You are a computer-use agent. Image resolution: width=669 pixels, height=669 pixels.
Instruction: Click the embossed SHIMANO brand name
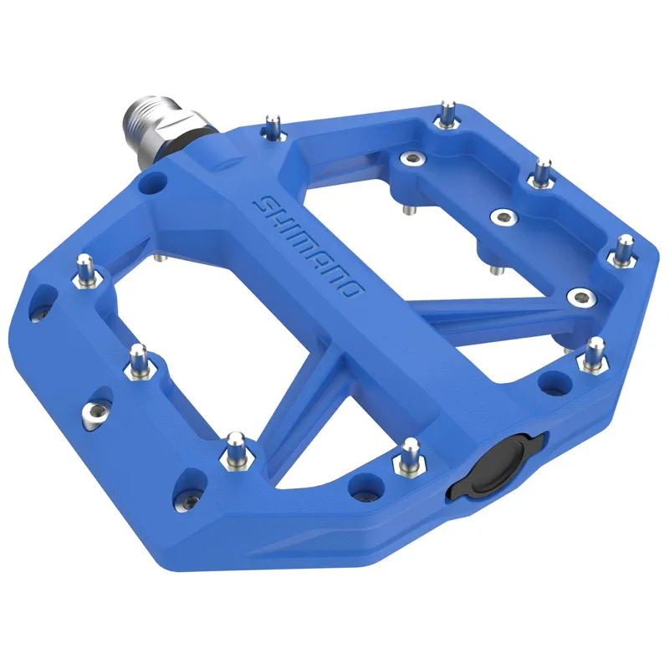coord(309,248)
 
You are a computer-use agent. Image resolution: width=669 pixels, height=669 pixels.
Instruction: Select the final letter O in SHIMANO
coord(355,292)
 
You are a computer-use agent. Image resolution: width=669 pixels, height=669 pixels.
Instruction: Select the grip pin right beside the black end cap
coord(410,456)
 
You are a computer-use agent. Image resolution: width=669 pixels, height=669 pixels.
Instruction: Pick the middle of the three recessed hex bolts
coord(502,217)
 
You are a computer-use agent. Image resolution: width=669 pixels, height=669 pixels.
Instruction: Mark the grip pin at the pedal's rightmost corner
coord(623,251)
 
